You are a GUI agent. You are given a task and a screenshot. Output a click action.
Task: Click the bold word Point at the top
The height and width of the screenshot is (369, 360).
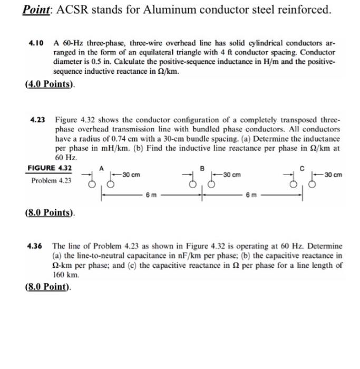pos(35,9)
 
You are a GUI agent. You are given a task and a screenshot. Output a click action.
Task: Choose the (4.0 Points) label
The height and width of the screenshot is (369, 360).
pos(50,84)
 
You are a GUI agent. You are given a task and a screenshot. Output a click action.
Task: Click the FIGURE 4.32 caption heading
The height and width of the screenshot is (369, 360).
pos(50,168)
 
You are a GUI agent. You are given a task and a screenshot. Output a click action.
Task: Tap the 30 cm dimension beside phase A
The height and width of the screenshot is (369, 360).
pos(130,174)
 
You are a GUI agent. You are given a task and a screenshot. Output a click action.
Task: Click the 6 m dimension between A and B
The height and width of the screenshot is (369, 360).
pos(151,195)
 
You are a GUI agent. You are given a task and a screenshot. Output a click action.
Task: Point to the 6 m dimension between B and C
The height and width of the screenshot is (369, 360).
pos(251,195)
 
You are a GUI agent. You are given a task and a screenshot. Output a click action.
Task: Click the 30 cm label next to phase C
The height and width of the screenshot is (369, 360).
pos(334,174)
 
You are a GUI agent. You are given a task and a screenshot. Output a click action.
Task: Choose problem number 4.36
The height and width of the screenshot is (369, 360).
pos(35,246)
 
